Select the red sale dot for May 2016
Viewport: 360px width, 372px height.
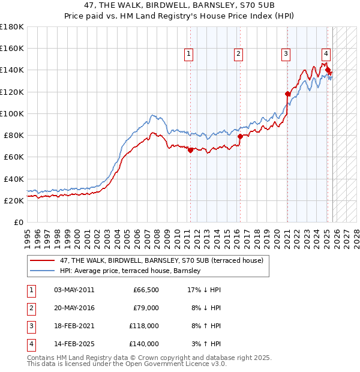[240, 136]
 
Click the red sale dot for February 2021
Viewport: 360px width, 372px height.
[287, 93]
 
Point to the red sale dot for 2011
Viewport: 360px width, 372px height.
[190, 150]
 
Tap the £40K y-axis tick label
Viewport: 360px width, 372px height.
[13, 179]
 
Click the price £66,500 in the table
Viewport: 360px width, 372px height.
[145, 290]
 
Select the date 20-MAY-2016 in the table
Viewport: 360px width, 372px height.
[74, 308]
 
